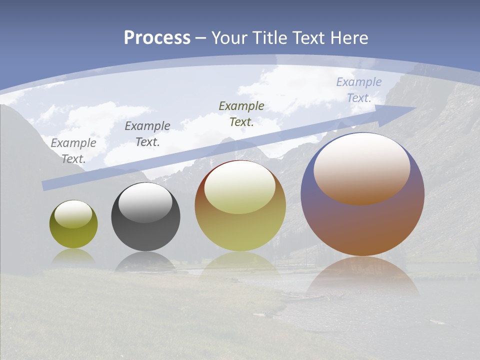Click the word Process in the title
coord(157,38)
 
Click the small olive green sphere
coord(73,235)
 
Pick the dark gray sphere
coord(145,235)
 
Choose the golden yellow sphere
coord(240,230)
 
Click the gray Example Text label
coord(73,150)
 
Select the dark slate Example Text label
coord(147,133)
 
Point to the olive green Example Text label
coord(241,113)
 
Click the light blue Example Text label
coord(358,89)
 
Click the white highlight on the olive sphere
coord(73,214)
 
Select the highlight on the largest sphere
coord(362,168)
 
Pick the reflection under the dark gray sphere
coord(145,261)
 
